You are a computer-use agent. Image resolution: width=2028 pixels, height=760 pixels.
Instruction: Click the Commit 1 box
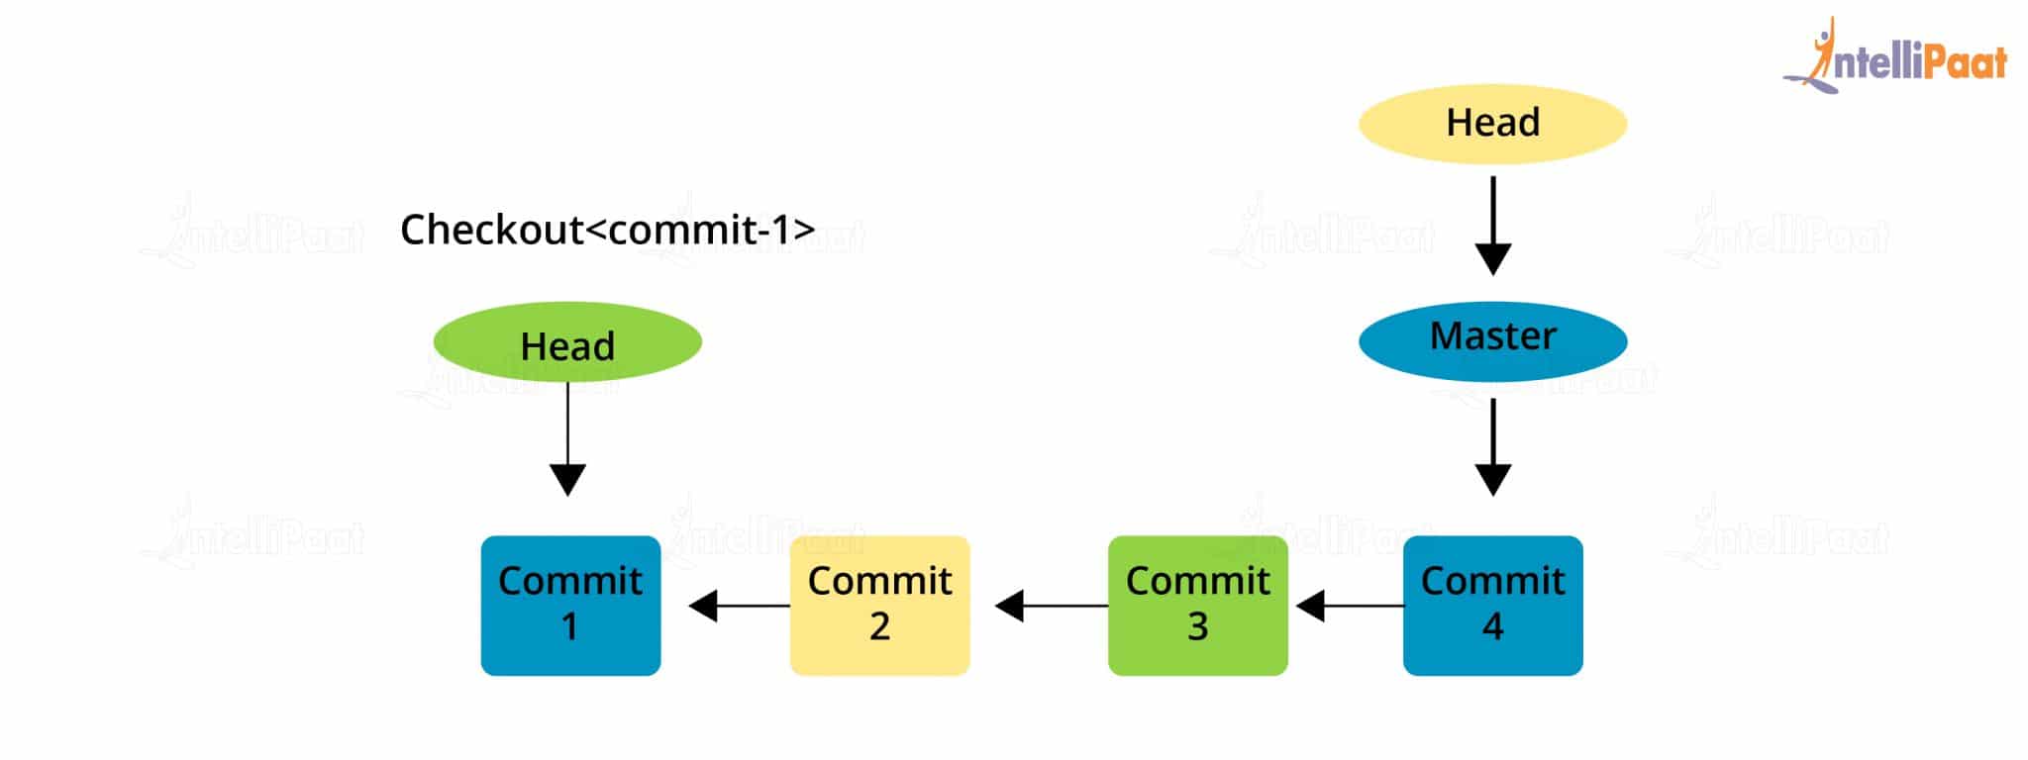click(x=570, y=605)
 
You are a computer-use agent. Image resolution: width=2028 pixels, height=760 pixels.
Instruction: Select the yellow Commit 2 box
click(x=879, y=605)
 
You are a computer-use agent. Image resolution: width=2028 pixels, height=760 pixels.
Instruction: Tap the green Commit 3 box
click(x=1197, y=605)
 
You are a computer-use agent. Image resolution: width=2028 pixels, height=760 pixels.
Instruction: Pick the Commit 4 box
click(x=1492, y=605)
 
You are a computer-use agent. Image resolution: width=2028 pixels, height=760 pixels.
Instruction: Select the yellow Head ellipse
click(x=1492, y=124)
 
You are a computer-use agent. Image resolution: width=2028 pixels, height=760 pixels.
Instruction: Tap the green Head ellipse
click(x=567, y=342)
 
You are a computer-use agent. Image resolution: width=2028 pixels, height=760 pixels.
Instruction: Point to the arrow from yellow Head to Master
click(x=1492, y=226)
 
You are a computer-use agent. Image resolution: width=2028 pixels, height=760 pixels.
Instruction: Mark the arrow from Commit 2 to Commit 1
click(x=738, y=606)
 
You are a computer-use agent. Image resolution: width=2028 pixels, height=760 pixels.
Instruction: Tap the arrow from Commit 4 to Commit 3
click(x=1348, y=606)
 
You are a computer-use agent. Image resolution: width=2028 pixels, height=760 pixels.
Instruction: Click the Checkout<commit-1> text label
click(x=607, y=230)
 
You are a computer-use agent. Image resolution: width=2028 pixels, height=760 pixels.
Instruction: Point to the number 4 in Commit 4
click(x=1492, y=626)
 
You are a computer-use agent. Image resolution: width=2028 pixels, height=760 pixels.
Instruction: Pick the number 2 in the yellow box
click(x=879, y=626)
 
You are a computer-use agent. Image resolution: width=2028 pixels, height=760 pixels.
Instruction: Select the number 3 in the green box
click(x=1197, y=626)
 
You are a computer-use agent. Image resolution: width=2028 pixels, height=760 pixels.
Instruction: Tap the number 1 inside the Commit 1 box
click(x=569, y=626)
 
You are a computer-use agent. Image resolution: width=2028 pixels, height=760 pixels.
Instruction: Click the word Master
click(x=1492, y=336)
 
